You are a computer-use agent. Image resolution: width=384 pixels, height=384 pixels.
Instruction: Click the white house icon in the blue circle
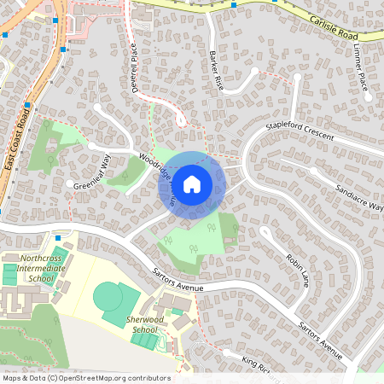192,183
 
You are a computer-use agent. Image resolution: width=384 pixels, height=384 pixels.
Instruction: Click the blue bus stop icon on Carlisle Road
234,5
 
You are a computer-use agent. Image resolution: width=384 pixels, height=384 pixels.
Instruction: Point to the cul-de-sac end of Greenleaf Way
69,183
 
